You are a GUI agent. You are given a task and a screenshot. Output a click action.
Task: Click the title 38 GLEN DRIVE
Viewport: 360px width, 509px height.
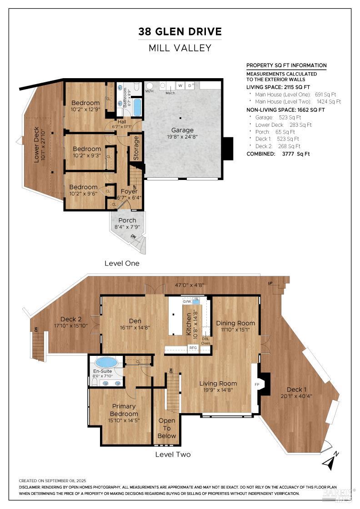180,32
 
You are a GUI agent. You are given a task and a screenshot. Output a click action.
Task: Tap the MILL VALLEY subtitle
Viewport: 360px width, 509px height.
180,48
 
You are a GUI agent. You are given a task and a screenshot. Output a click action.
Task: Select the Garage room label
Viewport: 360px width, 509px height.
182,130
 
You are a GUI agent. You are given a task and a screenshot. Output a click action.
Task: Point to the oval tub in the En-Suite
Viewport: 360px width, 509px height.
106,362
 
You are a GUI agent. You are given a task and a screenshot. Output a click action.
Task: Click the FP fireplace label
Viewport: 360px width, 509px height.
257,384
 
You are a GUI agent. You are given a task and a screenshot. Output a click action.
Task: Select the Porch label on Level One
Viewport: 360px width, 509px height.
127,220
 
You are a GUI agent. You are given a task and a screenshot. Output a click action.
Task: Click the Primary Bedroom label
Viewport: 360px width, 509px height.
124,410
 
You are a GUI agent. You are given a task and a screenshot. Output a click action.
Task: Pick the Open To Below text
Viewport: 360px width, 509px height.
166,428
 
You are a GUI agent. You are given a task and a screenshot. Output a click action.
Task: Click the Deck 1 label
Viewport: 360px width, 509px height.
296,389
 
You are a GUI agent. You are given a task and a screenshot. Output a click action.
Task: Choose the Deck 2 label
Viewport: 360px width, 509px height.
71,319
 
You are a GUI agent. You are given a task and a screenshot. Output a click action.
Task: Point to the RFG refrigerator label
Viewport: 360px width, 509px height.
193,348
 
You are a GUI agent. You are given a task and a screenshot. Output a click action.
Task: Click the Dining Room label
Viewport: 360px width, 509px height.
235,323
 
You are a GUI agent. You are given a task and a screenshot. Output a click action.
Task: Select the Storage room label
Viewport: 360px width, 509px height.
136,148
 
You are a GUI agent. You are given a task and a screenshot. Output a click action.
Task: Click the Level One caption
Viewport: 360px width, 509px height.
122,263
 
